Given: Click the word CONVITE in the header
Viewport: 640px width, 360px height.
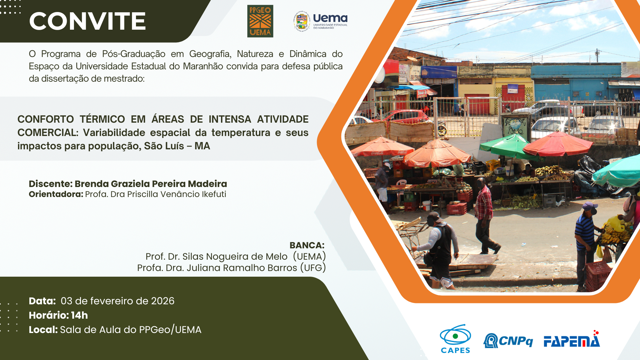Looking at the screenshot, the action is [87, 21].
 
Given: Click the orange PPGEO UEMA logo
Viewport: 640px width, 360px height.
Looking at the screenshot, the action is [260, 21].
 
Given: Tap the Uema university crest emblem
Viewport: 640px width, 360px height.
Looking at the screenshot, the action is [302, 21].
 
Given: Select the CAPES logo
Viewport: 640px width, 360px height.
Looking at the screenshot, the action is [455, 339].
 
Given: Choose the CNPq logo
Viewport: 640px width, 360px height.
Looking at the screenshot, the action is [508, 341].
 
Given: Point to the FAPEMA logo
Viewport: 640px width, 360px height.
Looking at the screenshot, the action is [572, 339].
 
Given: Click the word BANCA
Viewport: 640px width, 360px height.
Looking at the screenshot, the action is [307, 245].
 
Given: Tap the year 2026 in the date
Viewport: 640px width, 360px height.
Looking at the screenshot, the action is [163, 301].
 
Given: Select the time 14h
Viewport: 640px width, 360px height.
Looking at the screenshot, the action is [79, 315].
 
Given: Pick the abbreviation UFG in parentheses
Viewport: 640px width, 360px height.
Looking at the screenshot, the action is [313, 268].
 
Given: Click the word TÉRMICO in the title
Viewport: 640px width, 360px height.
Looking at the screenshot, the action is [102, 119].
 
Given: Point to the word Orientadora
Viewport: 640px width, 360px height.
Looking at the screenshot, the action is [56, 194].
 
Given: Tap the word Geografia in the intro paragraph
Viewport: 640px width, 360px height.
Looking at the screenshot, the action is [210, 54].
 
